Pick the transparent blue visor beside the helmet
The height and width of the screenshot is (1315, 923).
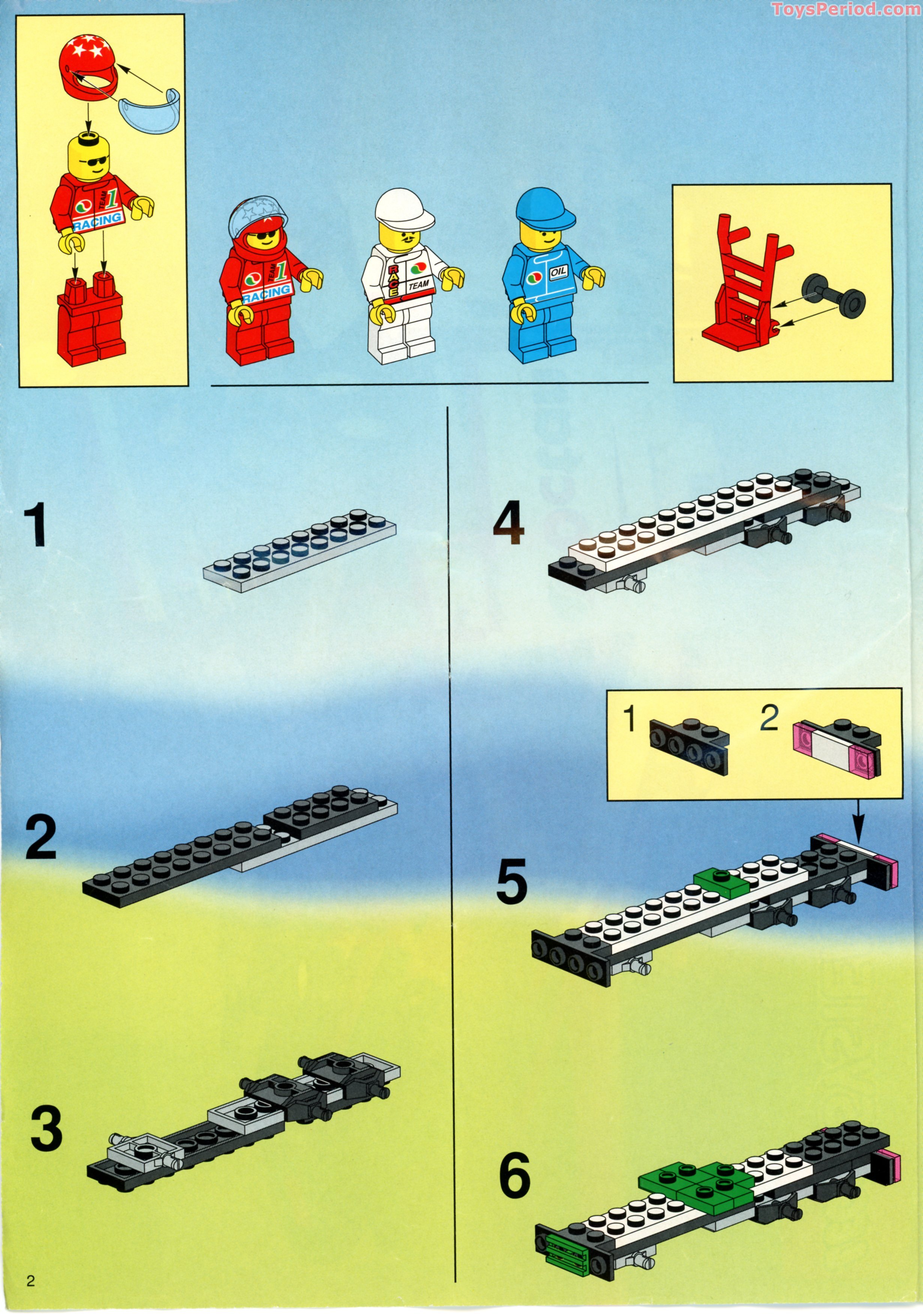[150, 108]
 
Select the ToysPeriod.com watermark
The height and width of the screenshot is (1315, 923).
[846, 9]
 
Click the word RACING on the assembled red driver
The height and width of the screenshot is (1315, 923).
[267, 295]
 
